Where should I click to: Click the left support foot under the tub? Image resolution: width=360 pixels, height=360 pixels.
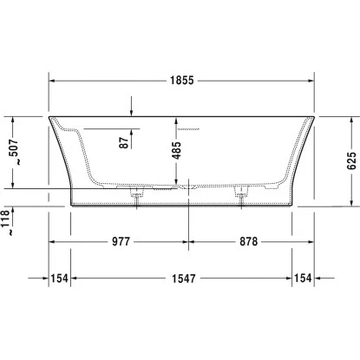click(135, 197)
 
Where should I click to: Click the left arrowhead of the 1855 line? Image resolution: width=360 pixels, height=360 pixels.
click(50, 79)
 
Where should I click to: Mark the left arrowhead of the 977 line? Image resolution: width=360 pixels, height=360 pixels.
click(50, 241)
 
